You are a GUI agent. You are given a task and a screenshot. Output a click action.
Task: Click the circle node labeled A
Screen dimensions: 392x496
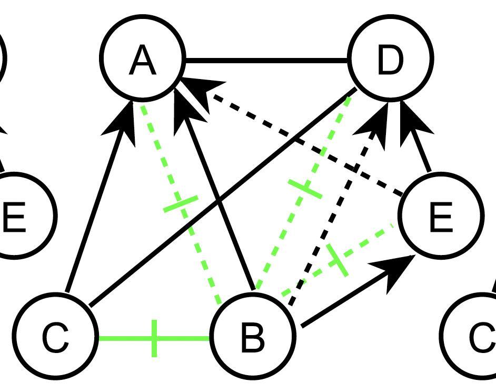[x=143, y=58]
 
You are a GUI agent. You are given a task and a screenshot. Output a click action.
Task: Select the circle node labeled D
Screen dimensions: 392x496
[x=390, y=58]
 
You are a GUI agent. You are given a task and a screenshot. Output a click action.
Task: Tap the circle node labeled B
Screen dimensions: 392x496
[x=252, y=337]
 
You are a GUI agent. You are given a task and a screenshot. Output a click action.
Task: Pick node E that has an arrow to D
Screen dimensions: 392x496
[x=440, y=216]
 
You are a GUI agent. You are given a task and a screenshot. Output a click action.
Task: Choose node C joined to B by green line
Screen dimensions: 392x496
[x=55, y=337]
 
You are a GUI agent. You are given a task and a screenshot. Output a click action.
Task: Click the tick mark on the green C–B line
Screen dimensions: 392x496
[x=154, y=338]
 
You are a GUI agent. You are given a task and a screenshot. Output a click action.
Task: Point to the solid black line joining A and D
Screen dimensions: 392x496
[x=266, y=61]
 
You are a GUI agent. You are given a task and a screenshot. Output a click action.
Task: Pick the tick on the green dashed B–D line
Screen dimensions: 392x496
[x=305, y=189]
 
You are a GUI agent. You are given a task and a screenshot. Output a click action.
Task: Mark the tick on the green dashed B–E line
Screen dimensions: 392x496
[x=338, y=259]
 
